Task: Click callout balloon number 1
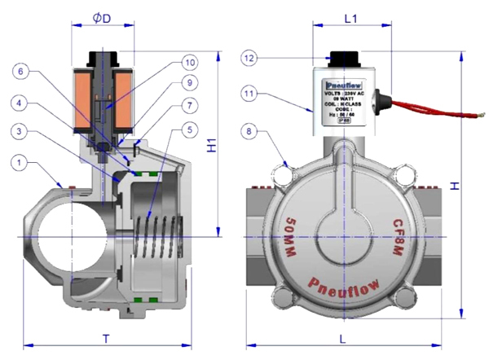tap(18, 165)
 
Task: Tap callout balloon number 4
tap(18, 103)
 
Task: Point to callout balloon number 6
tap(18, 72)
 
